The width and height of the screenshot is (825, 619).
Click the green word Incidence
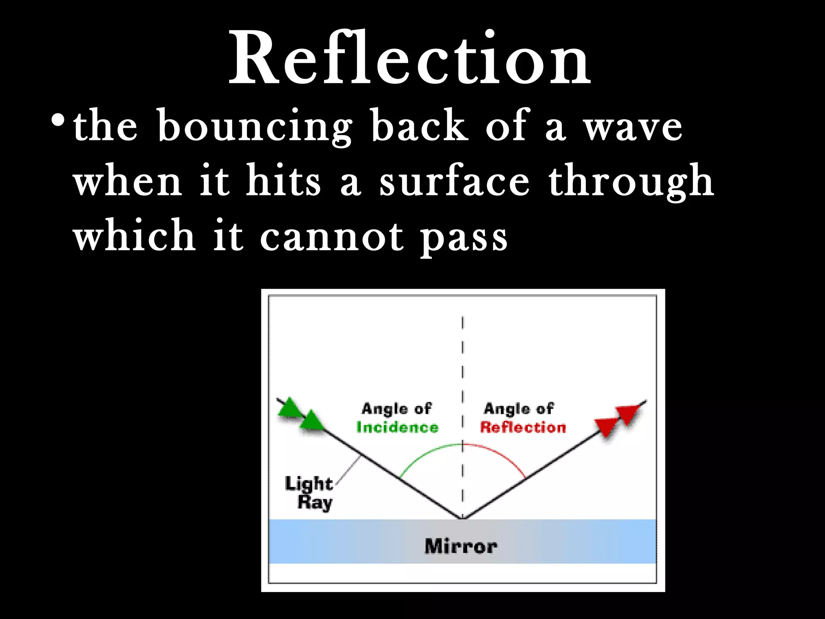tap(397, 427)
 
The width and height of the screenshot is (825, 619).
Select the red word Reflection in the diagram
tap(523, 427)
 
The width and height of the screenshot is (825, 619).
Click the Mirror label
tap(461, 546)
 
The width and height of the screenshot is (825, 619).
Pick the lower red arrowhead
tap(607, 427)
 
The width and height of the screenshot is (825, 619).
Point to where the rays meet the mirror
tap(462, 518)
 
